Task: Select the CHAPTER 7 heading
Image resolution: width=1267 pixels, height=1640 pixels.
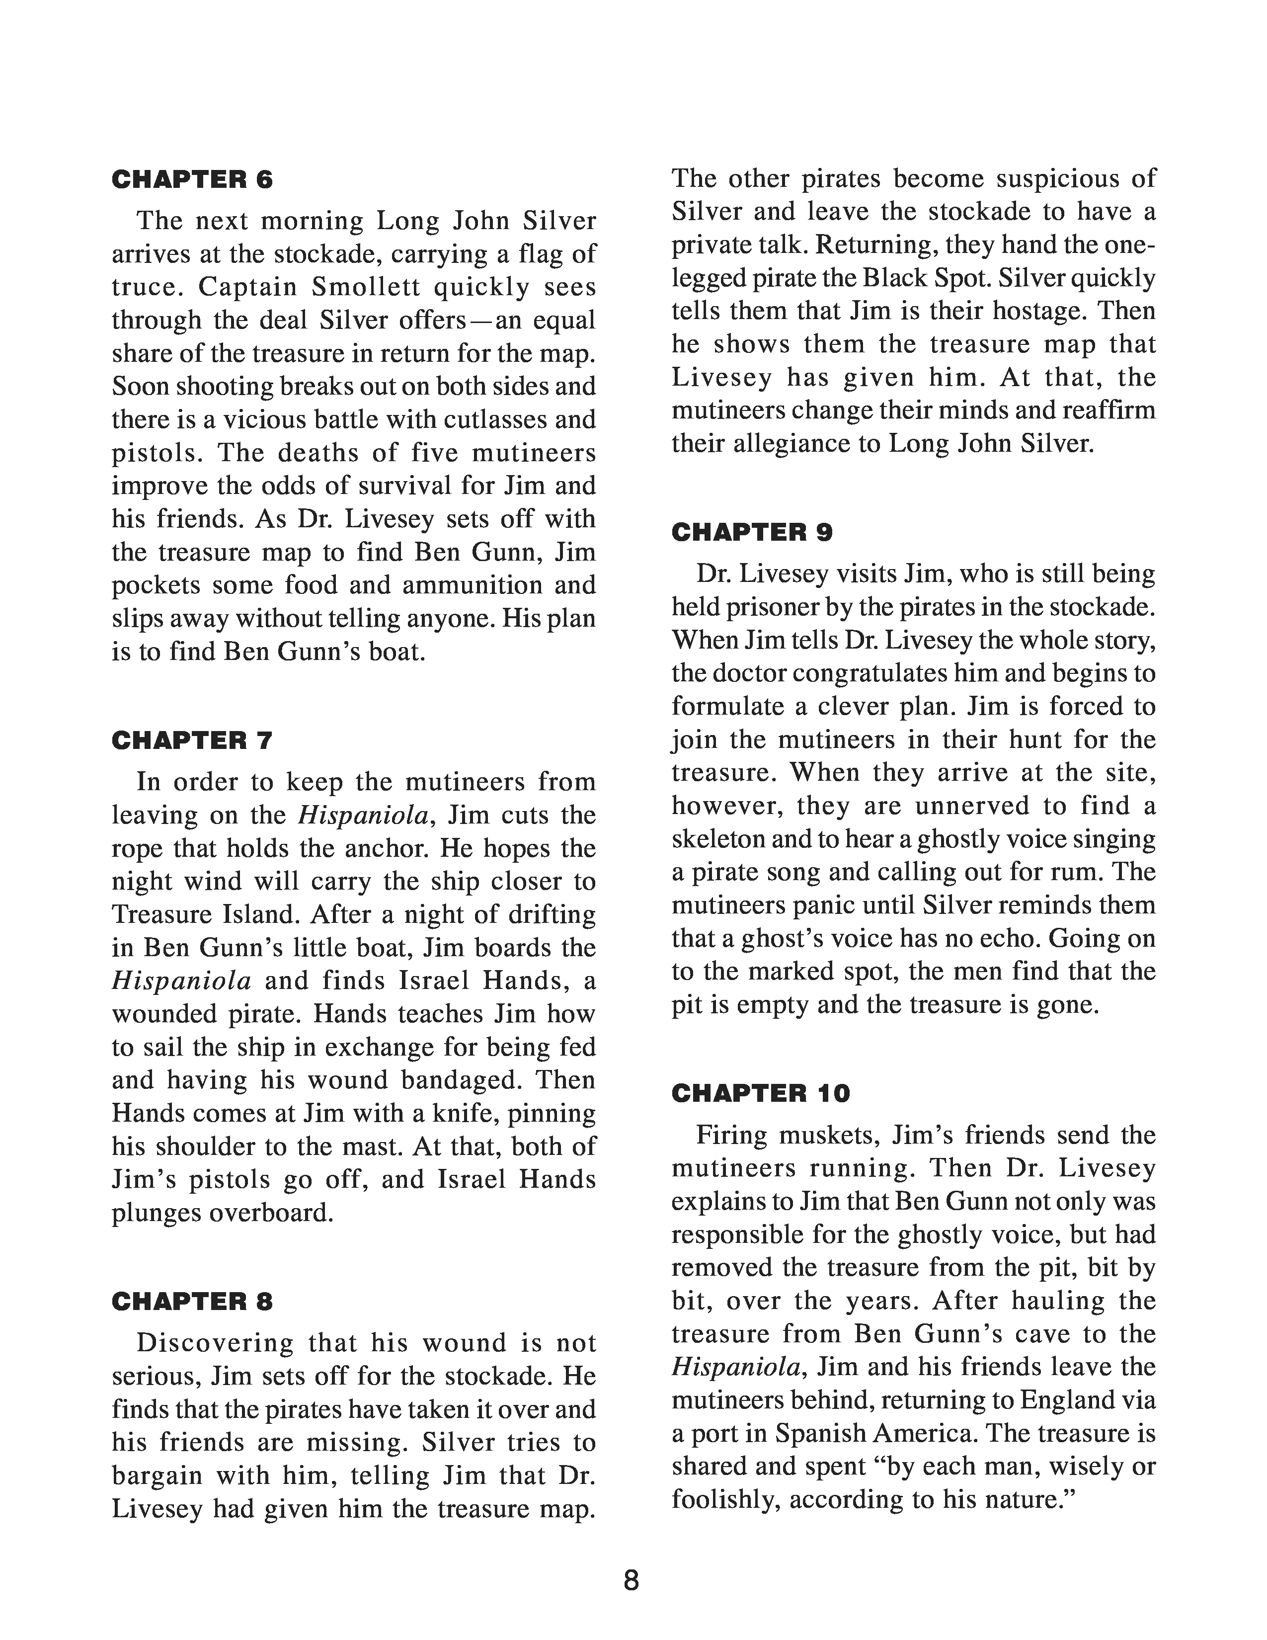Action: tap(192, 740)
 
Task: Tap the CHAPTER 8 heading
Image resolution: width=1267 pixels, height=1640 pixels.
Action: tap(192, 1302)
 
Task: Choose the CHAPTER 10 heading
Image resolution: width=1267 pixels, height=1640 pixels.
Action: tap(760, 1093)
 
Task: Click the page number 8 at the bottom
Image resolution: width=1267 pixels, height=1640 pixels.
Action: tap(631, 1581)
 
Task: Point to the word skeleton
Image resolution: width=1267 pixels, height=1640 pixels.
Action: tap(718, 839)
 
